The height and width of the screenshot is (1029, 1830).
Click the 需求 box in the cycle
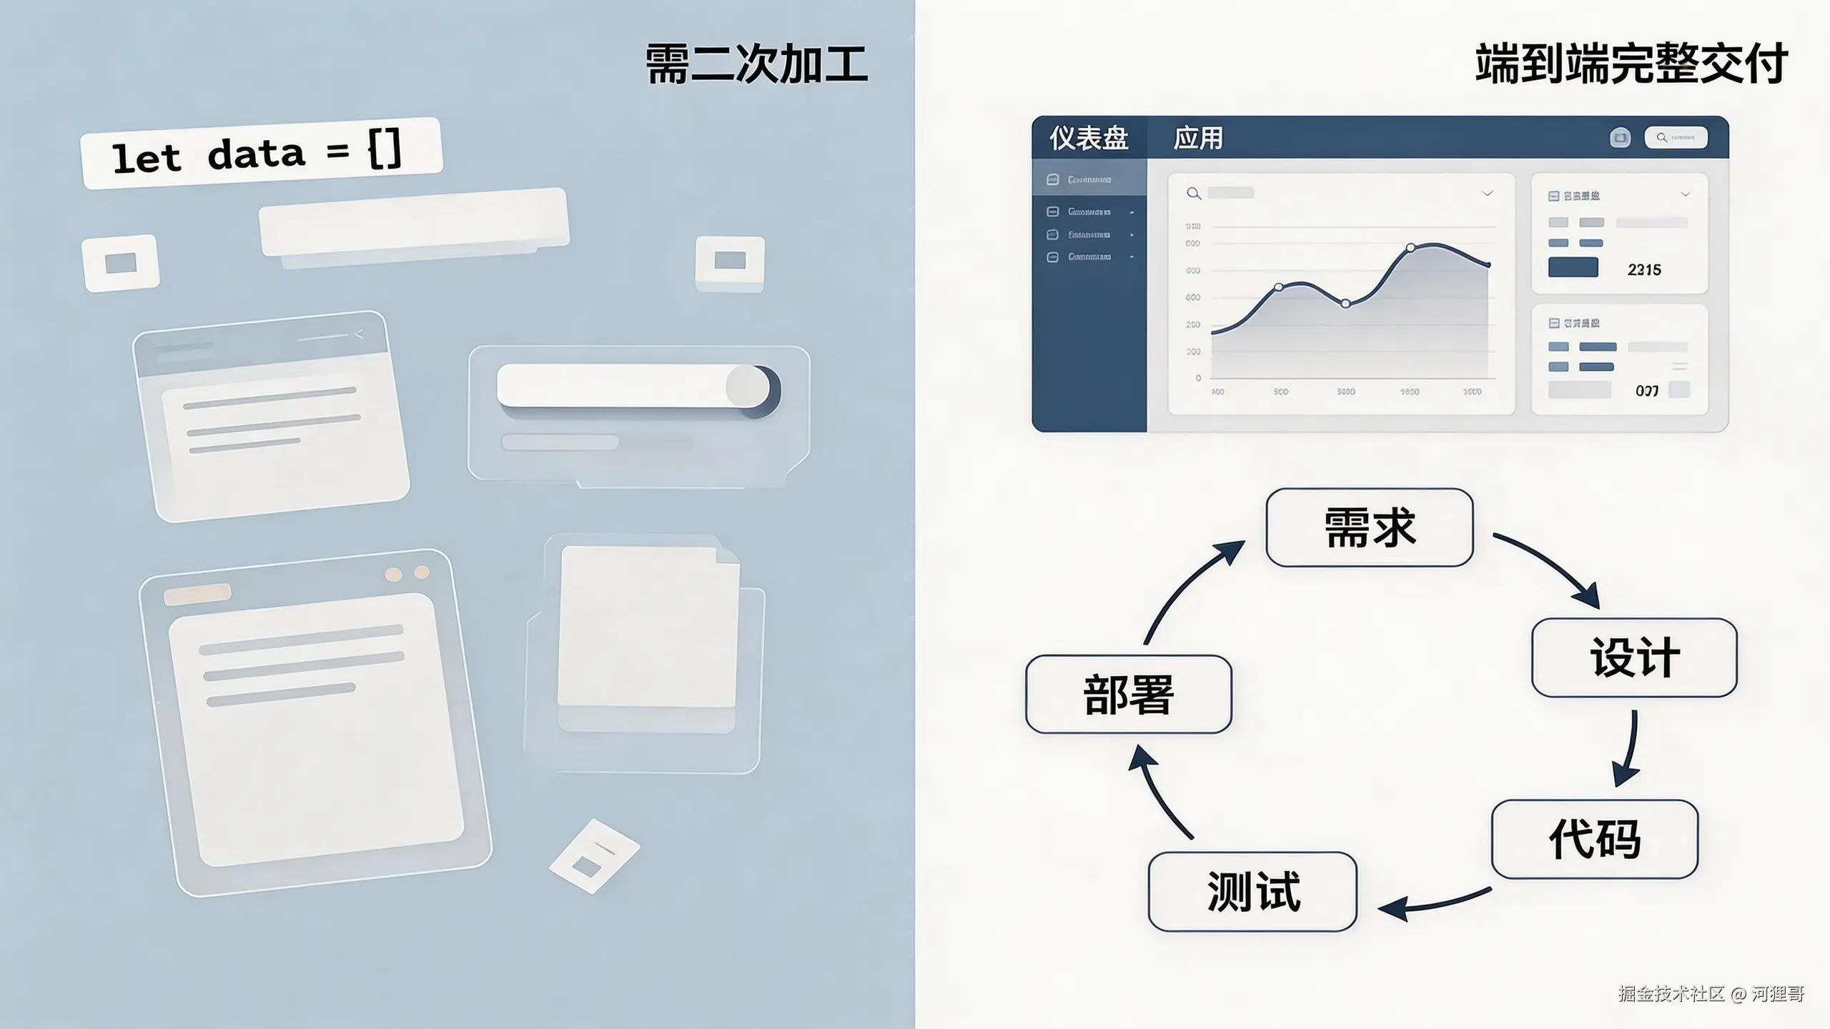tap(1369, 527)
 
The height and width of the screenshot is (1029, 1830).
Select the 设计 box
tap(1634, 657)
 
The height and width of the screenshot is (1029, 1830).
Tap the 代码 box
tap(1594, 839)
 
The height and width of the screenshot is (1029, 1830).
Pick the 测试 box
tap(1252, 891)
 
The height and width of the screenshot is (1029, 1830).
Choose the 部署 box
tap(1128, 694)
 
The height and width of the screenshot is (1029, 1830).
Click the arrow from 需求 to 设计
tap(1548, 567)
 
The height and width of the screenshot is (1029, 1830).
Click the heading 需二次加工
tap(756, 64)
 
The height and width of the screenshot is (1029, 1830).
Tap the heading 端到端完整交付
tap(1631, 64)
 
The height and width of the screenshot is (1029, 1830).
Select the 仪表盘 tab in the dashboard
tap(1089, 138)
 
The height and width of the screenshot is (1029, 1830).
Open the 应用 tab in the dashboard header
tap(1198, 138)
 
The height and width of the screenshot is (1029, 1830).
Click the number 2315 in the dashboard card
tap(1644, 270)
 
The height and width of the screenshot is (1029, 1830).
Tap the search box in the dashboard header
tap(1676, 137)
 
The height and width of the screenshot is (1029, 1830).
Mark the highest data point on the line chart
tap(1410, 248)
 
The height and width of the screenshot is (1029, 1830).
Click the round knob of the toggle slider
tap(748, 387)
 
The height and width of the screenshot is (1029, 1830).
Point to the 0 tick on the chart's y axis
tap(1198, 378)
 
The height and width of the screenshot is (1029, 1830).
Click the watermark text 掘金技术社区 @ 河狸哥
tap(1711, 993)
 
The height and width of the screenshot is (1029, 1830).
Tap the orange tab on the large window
tap(197, 594)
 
